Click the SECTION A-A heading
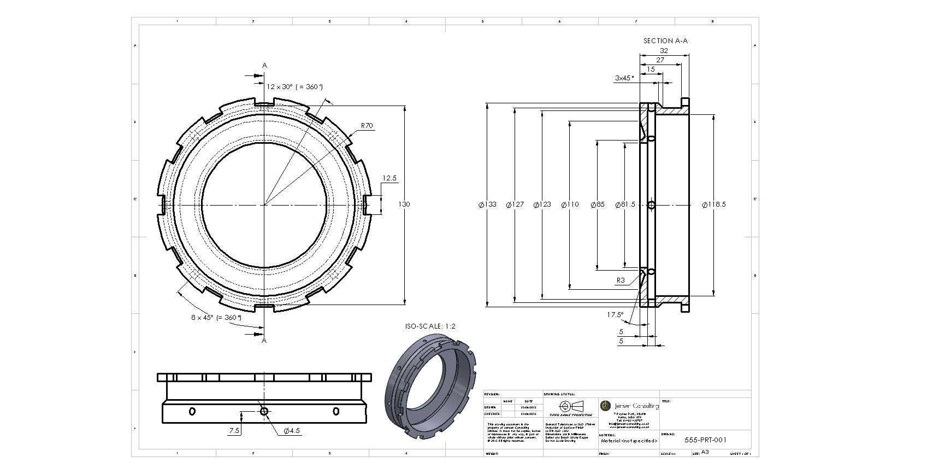pyautogui.click(x=665, y=40)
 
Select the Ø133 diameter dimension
pyautogui.click(x=488, y=204)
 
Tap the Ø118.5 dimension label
pyautogui.click(x=713, y=204)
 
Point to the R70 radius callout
pyautogui.click(x=367, y=126)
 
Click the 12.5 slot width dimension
pyautogui.click(x=389, y=178)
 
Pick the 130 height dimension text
pyautogui.click(x=404, y=204)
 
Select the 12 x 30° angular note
pyautogui.click(x=294, y=86)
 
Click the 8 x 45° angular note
pyautogui.click(x=216, y=317)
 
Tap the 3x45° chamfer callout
pyautogui.click(x=624, y=78)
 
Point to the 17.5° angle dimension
pyautogui.click(x=615, y=315)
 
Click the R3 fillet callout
pyautogui.click(x=621, y=280)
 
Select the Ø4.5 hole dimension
pyautogui.click(x=292, y=431)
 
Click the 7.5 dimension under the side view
pyautogui.click(x=234, y=431)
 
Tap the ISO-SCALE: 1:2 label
pyautogui.click(x=430, y=326)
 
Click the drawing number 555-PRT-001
pyautogui.click(x=705, y=440)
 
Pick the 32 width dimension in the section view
pyautogui.click(x=664, y=50)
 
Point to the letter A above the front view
pyautogui.click(x=264, y=66)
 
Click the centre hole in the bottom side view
pyautogui.click(x=264, y=411)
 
